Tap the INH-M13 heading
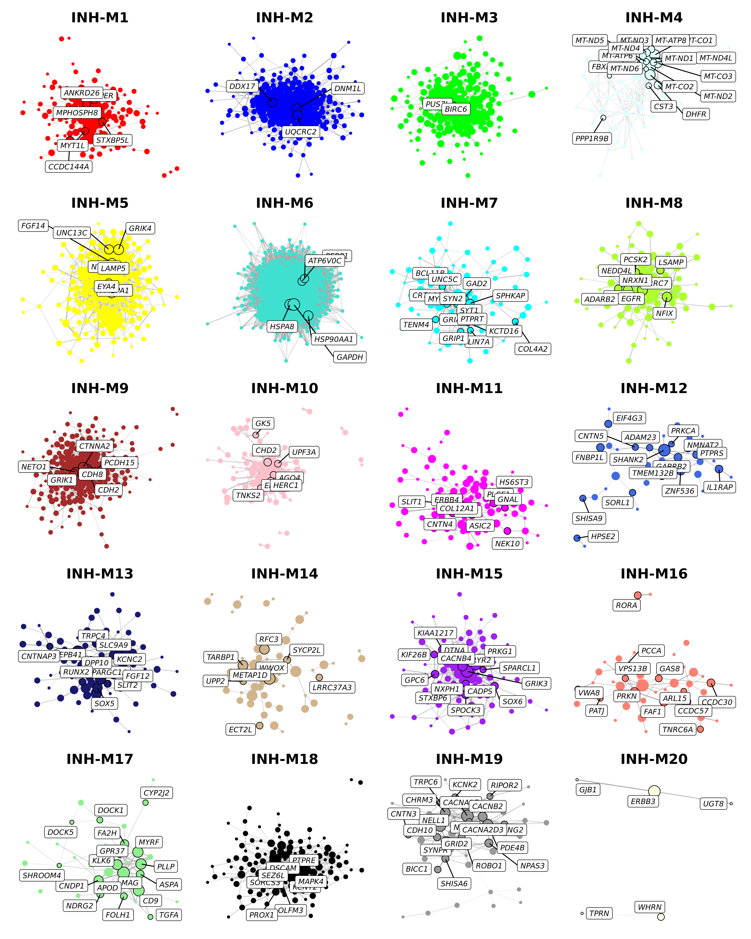tap(100, 574)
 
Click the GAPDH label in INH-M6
tap(350, 357)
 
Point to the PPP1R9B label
tap(592, 139)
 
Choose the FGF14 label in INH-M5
tap(33, 226)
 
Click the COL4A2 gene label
tap(532, 349)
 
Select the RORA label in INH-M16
tap(626, 605)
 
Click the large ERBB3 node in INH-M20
tap(654, 791)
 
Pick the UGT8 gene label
tap(713, 804)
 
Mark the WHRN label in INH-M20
tap(650, 907)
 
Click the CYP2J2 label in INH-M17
tap(156, 793)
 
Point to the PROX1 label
tap(262, 915)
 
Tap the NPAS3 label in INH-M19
tap(532, 865)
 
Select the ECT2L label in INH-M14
tap(240, 729)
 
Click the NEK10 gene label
tap(507, 544)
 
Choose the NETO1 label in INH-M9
tap(34, 466)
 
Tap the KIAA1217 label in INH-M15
tap(435, 633)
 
